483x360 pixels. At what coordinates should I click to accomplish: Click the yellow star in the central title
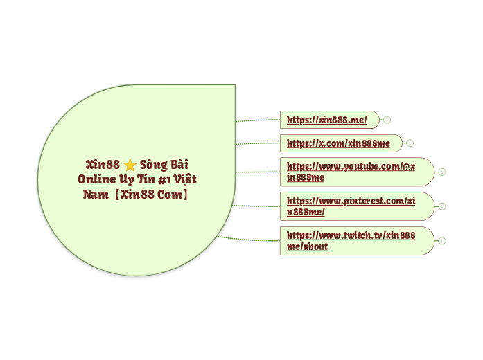(130, 165)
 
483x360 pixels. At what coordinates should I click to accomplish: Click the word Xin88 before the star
(103, 165)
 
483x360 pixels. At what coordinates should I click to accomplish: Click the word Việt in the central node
(185, 179)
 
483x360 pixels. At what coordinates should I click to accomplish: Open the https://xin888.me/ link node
(327, 120)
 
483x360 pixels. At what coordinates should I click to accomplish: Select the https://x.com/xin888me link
(338, 143)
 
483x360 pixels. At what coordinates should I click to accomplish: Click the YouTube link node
(351, 172)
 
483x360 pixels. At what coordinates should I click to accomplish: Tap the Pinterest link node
(351, 206)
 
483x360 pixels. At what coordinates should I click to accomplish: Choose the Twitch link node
(351, 240)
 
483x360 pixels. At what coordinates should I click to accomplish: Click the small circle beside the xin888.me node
(387, 120)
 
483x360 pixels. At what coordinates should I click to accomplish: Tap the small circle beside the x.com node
(410, 143)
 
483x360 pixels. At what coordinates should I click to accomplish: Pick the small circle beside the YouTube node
(442, 172)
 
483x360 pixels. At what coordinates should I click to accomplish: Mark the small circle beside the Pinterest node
(442, 206)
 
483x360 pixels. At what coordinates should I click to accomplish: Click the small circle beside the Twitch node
(442, 240)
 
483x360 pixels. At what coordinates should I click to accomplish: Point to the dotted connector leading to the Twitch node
(249, 240)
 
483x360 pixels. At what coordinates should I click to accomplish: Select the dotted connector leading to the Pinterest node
(256, 206)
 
